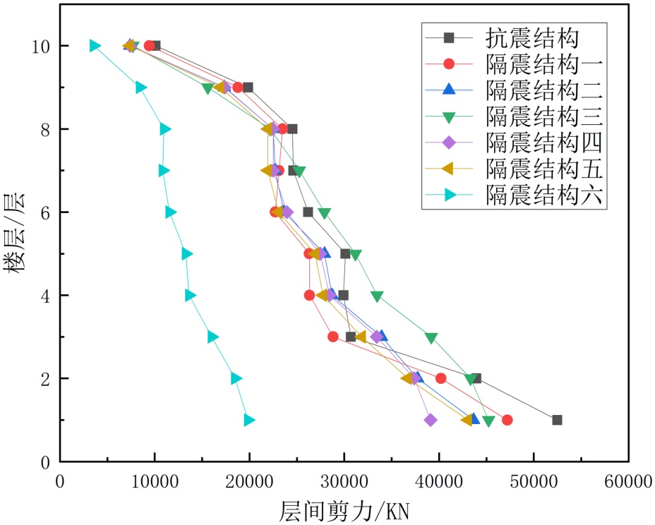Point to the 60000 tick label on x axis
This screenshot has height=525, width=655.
coord(627,483)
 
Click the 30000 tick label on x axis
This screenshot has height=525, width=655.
coord(344,483)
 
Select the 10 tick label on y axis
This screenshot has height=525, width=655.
coord(40,46)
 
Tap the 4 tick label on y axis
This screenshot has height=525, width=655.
coord(44,296)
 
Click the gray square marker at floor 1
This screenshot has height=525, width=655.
coord(557,420)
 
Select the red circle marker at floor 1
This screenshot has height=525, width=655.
coord(507,420)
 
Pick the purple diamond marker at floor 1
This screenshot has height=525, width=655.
coord(430,420)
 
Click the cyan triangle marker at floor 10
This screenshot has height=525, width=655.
coord(95,46)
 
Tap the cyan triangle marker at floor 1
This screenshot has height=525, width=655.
coord(248,420)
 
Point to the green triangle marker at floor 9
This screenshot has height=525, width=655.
coord(208,88)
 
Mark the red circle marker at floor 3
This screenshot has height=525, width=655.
coord(332,337)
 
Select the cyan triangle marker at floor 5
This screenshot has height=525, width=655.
coord(186,254)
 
